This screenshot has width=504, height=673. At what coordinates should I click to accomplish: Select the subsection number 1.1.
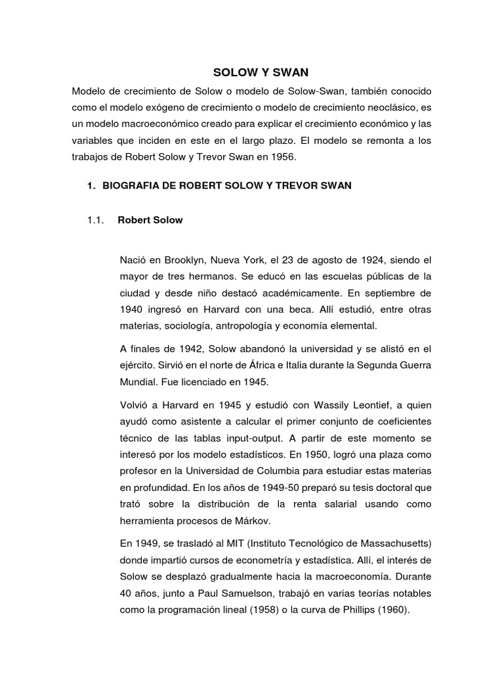(x=96, y=220)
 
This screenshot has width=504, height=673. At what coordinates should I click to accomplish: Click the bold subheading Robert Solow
(x=150, y=220)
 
